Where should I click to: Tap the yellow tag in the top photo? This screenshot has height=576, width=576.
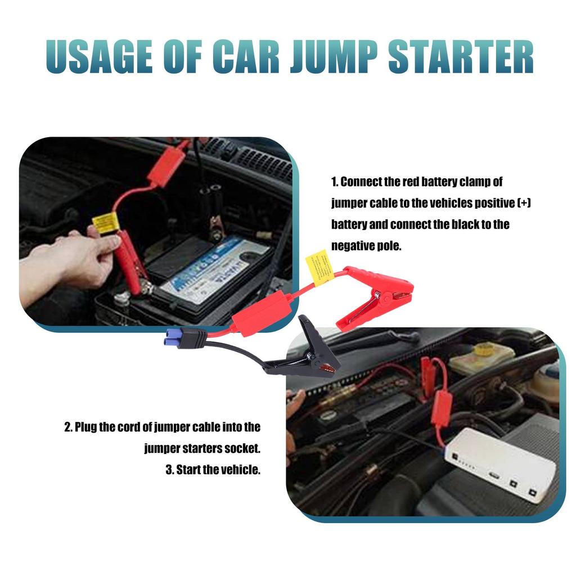coord(104,223)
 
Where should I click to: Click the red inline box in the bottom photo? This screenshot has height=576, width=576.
coord(442,408)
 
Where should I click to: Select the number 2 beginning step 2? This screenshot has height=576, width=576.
coord(67,427)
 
